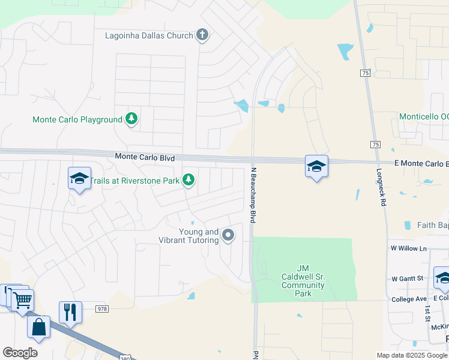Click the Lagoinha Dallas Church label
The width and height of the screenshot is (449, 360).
pyautogui.click(x=149, y=35)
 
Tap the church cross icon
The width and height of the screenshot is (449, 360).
pyautogui.click(x=202, y=35)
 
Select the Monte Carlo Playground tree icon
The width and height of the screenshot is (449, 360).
pyautogui.click(x=131, y=119)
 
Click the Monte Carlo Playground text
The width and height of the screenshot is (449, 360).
pyautogui.click(x=77, y=119)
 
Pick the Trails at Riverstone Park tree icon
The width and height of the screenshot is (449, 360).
pyautogui.click(x=188, y=179)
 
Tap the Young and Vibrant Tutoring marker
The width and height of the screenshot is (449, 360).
pyautogui.click(x=228, y=235)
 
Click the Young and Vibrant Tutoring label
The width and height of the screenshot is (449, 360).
pyautogui.click(x=199, y=236)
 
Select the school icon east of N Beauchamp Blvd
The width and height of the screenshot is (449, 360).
pyautogui.click(x=316, y=166)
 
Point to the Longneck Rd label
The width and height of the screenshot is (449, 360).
pyautogui.click(x=381, y=187)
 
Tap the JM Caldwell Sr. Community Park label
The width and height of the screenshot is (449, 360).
pyautogui.click(x=304, y=281)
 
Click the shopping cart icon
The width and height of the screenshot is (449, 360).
pyautogui.click(x=22, y=299)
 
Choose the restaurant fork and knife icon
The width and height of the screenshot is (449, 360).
pyautogui.click(x=70, y=311)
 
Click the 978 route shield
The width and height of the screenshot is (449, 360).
pyautogui.click(x=101, y=308)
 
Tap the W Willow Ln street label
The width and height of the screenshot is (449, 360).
pyautogui.click(x=408, y=248)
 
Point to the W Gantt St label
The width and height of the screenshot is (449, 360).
pyautogui.click(x=408, y=278)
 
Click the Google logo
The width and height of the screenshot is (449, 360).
pyautogui.click(x=20, y=353)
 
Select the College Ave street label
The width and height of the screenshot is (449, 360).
pyautogui.click(x=409, y=298)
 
